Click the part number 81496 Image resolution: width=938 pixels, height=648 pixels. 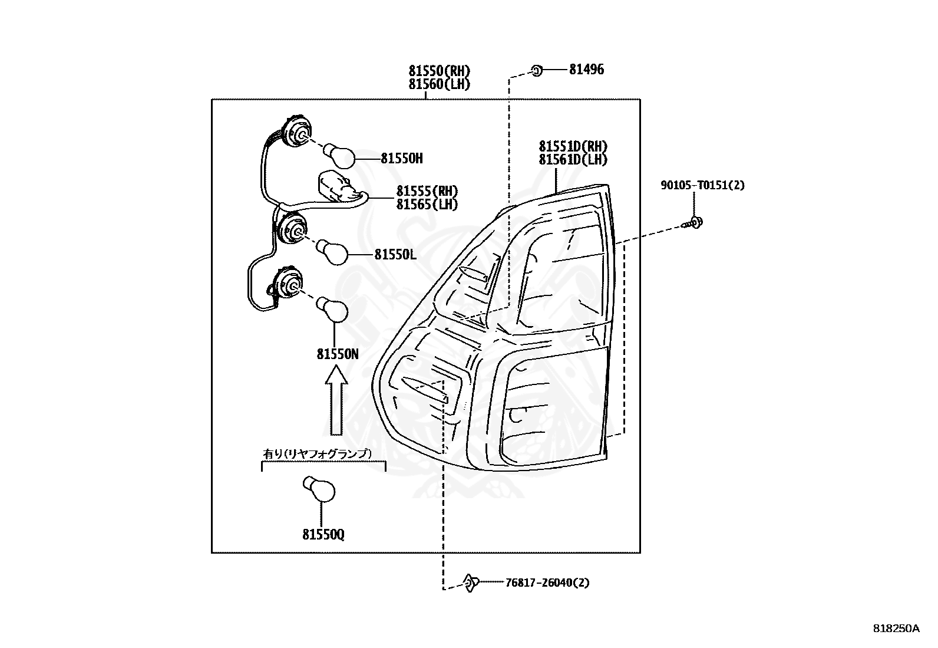coord(586,70)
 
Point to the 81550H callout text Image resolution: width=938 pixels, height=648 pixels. coord(401,159)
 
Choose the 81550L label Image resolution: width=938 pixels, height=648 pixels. coord(395,255)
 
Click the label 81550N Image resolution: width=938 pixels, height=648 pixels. coord(337,354)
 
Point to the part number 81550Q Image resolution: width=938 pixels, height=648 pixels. coord(323,535)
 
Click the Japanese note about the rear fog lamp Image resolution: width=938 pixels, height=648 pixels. coord(317,453)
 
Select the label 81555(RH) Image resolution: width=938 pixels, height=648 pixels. coord(427,191)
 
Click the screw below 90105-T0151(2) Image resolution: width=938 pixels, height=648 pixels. coord(694,223)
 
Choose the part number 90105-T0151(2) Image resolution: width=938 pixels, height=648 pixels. coord(702,185)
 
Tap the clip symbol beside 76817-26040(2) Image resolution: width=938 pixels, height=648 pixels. coord(471,583)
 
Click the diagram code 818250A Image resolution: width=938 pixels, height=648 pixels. coord(896,629)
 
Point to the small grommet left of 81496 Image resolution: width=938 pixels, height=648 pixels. coord(536,70)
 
